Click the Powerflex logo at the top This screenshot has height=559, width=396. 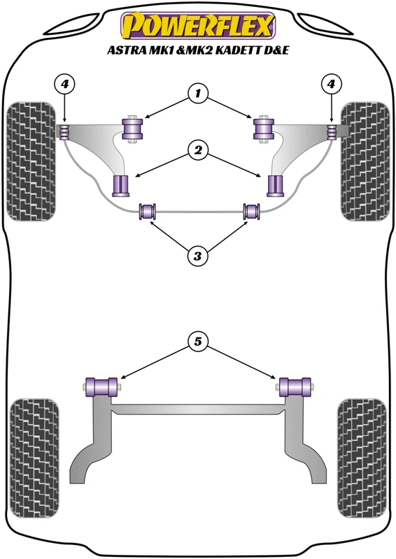pyautogui.click(x=198, y=26)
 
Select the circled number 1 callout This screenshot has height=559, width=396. pyautogui.click(x=197, y=94)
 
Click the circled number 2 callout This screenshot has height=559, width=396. pyautogui.click(x=197, y=150)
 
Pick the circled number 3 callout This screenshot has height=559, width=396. pyautogui.click(x=197, y=256)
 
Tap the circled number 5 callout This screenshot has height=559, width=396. pyautogui.click(x=197, y=342)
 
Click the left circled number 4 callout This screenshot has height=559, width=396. pyautogui.click(x=64, y=85)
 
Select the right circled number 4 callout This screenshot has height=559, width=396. pyautogui.click(x=331, y=85)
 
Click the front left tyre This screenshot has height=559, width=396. pyautogui.click(x=31, y=161)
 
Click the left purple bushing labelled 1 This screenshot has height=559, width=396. pyautogui.click(x=132, y=129)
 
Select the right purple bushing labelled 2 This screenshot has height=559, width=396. pyautogui.click(x=275, y=186)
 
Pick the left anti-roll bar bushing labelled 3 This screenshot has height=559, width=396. pyautogui.click(x=148, y=211)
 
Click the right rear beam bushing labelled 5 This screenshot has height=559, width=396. pyautogui.click(x=295, y=387)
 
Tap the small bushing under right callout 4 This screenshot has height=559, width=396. pyautogui.click(x=332, y=132)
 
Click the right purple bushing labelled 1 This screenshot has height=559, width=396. pyautogui.click(x=264, y=129)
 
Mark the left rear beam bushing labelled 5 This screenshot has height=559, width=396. pyautogui.click(x=101, y=387)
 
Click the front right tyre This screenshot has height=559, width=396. pyautogui.click(x=365, y=161)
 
